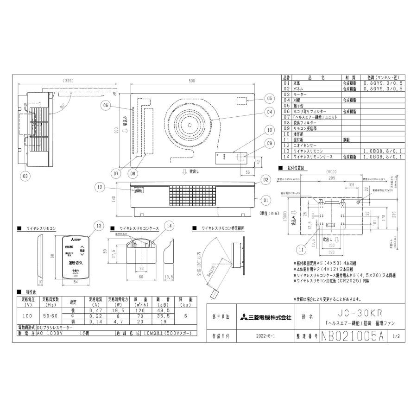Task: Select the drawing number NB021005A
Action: [353, 336]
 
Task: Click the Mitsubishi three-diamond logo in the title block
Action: [244, 318]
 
